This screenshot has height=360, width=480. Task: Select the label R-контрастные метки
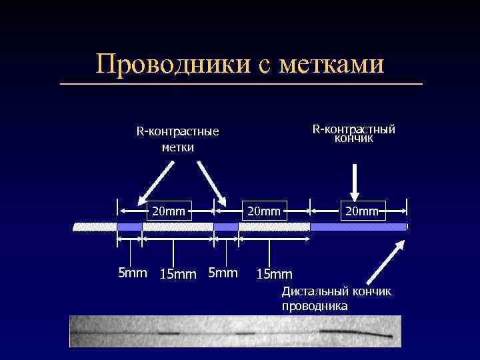pyautogui.click(x=178, y=139)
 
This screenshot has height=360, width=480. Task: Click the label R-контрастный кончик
pyautogui.click(x=354, y=133)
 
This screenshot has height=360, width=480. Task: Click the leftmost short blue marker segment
pyautogui.click(x=129, y=227)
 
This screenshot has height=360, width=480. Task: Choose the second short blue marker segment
pyautogui.click(x=226, y=227)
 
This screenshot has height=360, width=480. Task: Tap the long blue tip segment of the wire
pyautogui.click(x=358, y=227)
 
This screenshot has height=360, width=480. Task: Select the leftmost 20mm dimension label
pyautogui.click(x=168, y=211)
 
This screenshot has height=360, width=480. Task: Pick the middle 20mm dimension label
pyautogui.click(x=265, y=211)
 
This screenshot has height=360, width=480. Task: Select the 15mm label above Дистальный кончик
pyautogui.click(x=275, y=274)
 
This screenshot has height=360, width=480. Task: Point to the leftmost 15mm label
pyautogui.click(x=178, y=274)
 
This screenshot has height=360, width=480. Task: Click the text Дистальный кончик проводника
pyautogui.click(x=336, y=299)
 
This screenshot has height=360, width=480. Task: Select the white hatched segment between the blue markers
pyautogui.click(x=177, y=227)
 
